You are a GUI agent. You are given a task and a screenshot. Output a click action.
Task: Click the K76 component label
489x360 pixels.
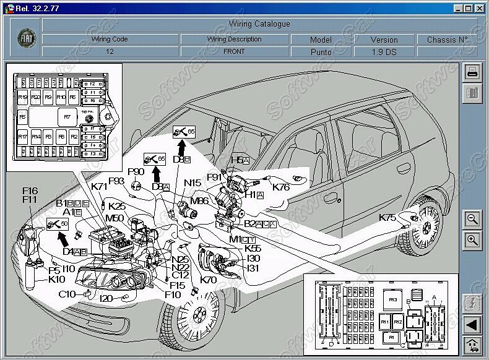(x=281, y=187)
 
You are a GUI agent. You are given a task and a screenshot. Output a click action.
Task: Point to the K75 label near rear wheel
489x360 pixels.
(x=387, y=217)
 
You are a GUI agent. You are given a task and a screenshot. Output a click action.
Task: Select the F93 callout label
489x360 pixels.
(x=116, y=181)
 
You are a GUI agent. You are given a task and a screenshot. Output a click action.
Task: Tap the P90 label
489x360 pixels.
(x=136, y=171)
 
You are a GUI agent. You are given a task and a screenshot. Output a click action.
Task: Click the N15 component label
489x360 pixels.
(x=193, y=182)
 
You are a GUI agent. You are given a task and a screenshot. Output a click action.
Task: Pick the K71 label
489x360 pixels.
(x=100, y=187)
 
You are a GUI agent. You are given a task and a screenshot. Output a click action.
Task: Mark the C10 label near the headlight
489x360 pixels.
(x=67, y=294)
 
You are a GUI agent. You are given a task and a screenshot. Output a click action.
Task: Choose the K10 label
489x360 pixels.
(x=56, y=279)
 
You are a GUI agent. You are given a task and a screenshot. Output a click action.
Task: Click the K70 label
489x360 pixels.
(x=209, y=280)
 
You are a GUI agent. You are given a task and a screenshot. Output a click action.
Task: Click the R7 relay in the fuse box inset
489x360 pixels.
(x=66, y=116)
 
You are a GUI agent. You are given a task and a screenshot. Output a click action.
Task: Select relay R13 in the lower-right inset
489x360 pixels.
(x=392, y=299)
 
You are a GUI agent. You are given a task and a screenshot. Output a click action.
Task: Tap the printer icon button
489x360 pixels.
(x=472, y=71)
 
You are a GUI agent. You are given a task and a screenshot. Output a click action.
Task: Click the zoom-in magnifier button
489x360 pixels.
(x=472, y=240)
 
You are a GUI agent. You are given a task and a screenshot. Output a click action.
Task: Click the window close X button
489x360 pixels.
(x=479, y=8)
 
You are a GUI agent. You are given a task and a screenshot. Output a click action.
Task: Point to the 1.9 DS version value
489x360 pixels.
(x=384, y=52)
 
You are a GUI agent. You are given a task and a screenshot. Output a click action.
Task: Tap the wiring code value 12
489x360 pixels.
(x=110, y=52)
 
